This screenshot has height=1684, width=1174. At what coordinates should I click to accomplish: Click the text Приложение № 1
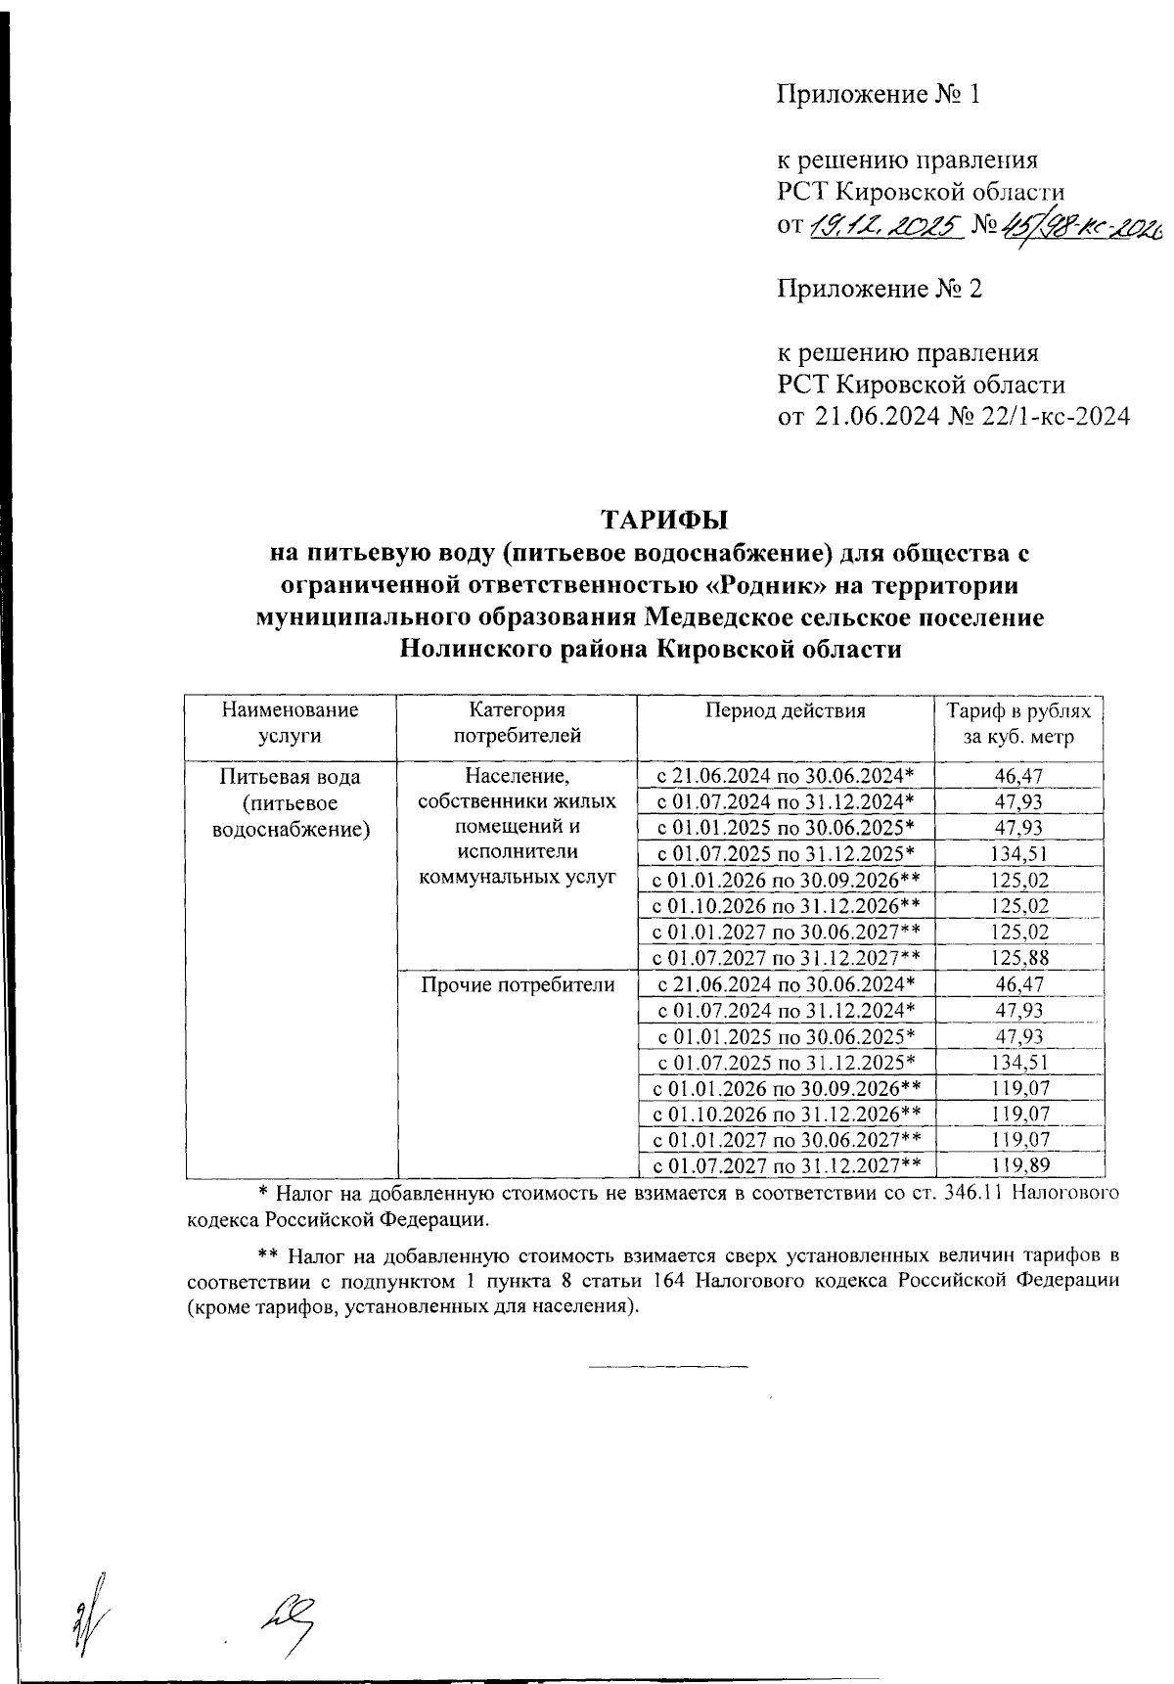(878, 94)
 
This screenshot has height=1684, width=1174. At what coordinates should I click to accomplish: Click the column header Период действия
(786, 711)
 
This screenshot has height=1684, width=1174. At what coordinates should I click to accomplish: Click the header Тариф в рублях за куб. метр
(1018, 723)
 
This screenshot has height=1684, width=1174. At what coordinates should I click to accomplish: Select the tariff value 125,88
(1019, 958)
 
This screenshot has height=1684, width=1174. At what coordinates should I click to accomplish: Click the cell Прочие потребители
(518, 985)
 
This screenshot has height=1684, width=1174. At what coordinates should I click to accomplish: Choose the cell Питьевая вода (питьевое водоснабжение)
(290, 803)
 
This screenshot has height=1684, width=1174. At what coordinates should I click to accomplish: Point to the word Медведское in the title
(717, 617)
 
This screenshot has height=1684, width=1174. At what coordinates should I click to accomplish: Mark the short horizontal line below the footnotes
(668, 1365)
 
